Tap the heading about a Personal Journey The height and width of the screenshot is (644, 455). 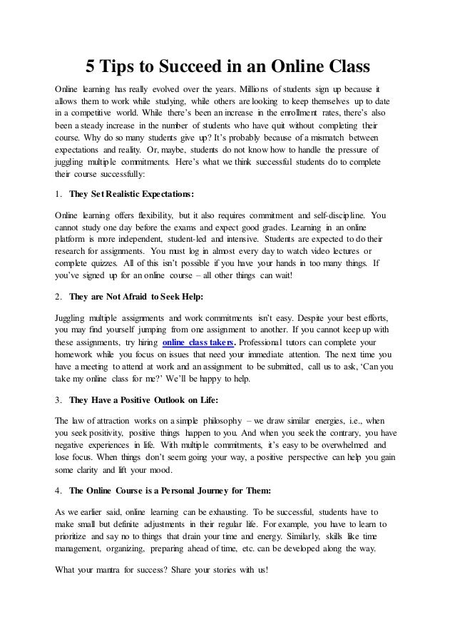[165, 491]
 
